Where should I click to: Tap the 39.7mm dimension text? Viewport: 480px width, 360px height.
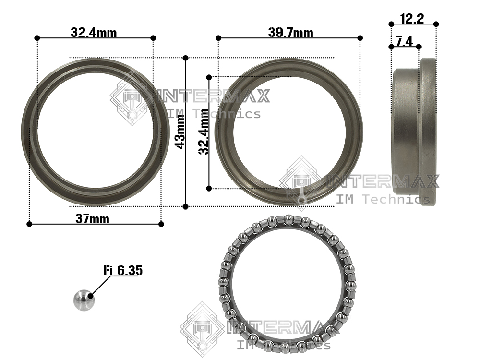tap(290, 32)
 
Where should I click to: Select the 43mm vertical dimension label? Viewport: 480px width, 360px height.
tap(180, 132)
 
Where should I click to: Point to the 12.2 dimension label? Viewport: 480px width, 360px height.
tap(412, 19)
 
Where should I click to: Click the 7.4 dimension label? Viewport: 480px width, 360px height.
tap(404, 41)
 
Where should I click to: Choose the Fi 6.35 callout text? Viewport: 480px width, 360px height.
tap(123, 270)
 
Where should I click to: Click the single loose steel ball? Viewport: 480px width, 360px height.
tap(84, 300)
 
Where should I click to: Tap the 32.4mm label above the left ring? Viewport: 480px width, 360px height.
tap(94, 32)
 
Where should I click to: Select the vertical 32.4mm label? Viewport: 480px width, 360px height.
tap(204, 132)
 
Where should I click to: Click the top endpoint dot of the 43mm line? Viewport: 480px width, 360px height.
tap(185, 58)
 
